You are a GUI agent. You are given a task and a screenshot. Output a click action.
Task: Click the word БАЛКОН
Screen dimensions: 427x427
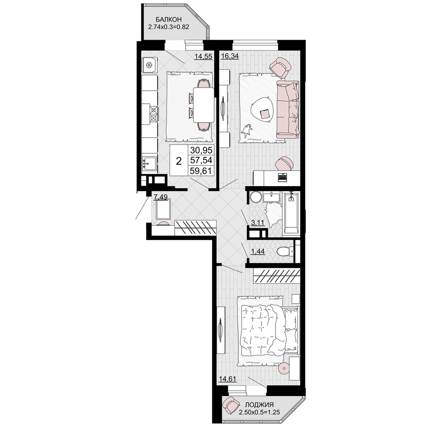(169, 19)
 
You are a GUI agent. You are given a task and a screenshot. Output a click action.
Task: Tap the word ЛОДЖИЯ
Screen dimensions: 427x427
(259, 405)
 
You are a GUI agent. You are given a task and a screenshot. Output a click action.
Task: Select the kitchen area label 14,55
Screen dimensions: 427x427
(203, 56)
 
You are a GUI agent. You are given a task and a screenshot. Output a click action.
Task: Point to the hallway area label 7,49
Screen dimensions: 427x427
(161, 196)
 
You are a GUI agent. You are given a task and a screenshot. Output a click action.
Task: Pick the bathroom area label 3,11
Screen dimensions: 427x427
(257, 222)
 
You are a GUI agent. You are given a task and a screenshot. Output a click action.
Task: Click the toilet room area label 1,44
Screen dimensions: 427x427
(257, 252)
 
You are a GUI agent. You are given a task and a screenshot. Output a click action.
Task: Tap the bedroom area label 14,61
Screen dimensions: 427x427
(228, 379)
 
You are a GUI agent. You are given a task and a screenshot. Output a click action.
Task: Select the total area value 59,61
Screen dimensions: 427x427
(201, 171)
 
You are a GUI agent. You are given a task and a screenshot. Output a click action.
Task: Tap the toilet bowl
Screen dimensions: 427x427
(284, 252)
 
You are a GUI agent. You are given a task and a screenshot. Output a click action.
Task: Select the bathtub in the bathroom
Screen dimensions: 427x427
(291, 213)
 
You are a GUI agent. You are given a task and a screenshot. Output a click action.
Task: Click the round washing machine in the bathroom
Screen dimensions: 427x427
(256, 197)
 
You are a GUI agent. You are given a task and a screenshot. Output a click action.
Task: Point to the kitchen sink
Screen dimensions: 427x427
(149, 164)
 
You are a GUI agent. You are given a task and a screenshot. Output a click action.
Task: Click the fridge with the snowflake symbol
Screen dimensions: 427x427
(149, 65)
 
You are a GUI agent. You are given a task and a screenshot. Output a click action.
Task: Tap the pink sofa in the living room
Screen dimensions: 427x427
(288, 109)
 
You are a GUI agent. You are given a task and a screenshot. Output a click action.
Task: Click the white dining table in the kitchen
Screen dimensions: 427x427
(203, 105)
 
